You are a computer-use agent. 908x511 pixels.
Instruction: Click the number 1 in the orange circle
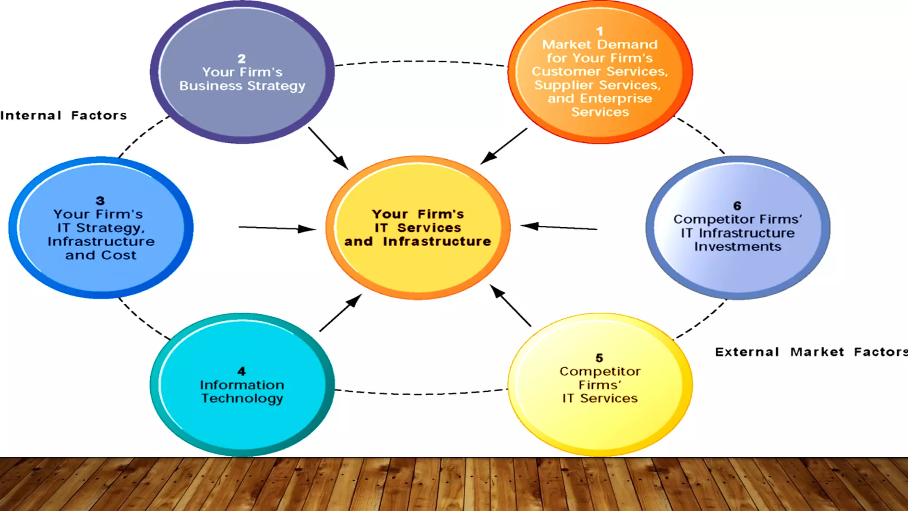point(599,31)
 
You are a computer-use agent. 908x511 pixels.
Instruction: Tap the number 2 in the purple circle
point(242,59)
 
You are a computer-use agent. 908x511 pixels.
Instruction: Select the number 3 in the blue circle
point(100,200)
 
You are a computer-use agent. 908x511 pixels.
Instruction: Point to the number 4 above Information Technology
point(242,371)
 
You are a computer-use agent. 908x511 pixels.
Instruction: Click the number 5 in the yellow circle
point(599,358)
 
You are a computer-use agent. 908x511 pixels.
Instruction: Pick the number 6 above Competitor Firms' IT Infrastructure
point(737,206)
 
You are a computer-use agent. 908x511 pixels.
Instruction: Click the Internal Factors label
point(64,116)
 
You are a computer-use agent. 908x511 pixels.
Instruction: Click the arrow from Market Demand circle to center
point(504,146)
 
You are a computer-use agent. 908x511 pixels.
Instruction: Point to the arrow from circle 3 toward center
point(277,228)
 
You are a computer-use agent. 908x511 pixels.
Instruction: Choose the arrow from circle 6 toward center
point(559,227)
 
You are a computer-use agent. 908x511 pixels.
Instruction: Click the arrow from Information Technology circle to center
point(340,313)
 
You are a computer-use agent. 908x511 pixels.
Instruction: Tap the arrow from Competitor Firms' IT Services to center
point(510,306)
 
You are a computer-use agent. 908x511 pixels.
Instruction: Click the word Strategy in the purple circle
point(276,86)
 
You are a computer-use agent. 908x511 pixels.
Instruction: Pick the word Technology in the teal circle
point(242,398)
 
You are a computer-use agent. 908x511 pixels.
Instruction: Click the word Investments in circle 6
point(738,247)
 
